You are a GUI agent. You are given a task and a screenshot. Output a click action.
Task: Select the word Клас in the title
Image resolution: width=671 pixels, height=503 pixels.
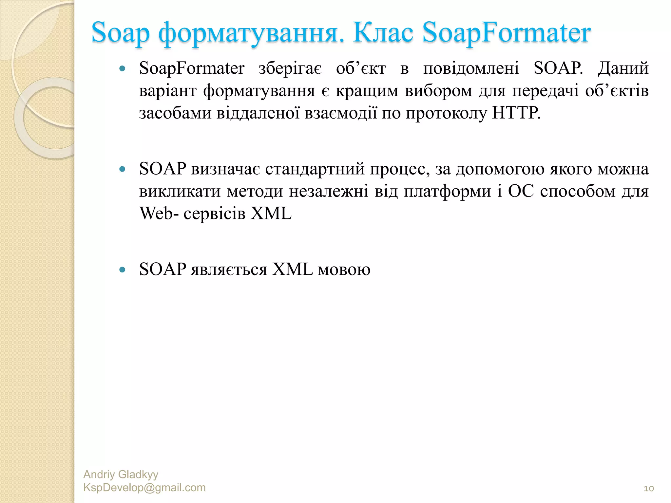click(x=383, y=33)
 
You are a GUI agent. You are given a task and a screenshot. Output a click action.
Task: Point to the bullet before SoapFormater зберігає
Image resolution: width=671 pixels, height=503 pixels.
click(x=123, y=69)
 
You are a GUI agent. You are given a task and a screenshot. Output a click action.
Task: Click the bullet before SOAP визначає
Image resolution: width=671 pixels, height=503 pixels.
click(x=123, y=169)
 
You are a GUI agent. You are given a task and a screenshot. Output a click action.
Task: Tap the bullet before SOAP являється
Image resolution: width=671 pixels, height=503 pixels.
click(x=123, y=270)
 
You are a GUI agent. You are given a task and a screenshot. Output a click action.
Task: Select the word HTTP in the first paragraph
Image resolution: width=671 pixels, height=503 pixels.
click(x=516, y=113)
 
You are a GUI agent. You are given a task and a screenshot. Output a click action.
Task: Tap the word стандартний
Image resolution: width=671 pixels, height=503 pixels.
click(x=315, y=169)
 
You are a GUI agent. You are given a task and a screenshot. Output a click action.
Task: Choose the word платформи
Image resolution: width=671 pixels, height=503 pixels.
click(x=447, y=192)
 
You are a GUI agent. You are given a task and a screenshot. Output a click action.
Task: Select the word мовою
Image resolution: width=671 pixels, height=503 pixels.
click(x=344, y=270)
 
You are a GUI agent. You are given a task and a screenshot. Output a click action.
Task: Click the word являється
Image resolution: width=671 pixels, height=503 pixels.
click(x=229, y=270)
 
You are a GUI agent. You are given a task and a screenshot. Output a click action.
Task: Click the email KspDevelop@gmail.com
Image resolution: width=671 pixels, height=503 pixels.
click(x=144, y=488)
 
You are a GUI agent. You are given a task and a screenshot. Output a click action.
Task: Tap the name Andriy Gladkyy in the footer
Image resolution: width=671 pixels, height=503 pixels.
click(x=121, y=474)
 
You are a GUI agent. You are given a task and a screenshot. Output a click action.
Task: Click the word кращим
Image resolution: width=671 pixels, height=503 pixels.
click(x=367, y=91)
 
